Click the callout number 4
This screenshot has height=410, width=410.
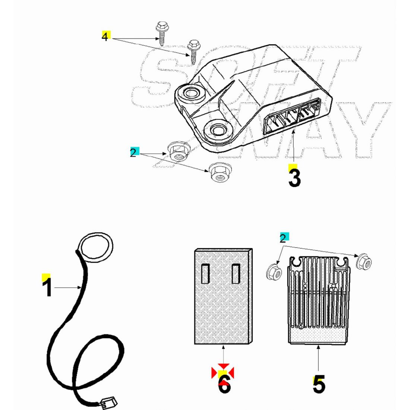105,37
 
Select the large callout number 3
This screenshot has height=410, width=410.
294,178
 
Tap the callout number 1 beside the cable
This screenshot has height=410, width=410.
47,287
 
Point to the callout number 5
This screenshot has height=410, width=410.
319,384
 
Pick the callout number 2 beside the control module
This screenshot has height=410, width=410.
133,153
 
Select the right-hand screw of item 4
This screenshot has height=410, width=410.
193,51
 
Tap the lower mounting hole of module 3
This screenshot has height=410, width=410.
218,130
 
